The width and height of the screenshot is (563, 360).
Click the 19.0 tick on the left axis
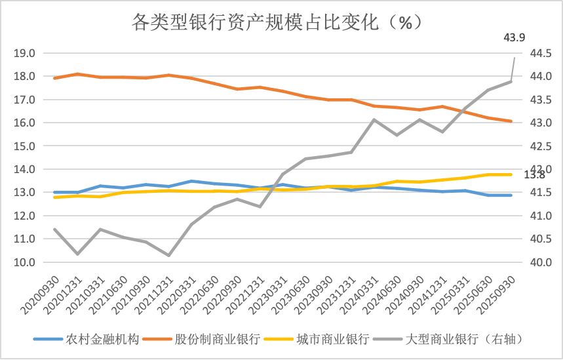pyautogui.click(x=24, y=53)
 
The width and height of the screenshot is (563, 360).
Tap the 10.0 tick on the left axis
pyautogui.click(x=24, y=262)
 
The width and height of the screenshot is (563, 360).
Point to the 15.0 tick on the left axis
pyautogui.click(x=24, y=146)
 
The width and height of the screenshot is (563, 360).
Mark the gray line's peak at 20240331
pyautogui.click(x=374, y=120)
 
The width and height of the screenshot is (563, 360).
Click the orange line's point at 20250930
pyautogui.click(x=511, y=121)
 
